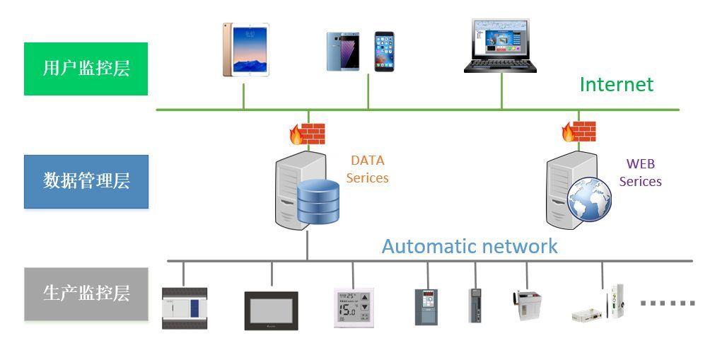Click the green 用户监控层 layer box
tap(86, 69)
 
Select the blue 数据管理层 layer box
tap(86, 181)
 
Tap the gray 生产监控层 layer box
tap(86, 294)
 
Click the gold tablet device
tap(245, 50)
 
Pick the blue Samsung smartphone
tap(343, 52)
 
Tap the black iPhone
tap(383, 51)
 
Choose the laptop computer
tap(500, 47)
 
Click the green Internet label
tap(616, 85)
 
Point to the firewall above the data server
tap(308, 134)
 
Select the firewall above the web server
tap(578, 132)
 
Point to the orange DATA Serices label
tap(367, 170)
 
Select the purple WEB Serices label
tap(640, 173)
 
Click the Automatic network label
tap(470, 246)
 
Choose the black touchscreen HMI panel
tap(271, 310)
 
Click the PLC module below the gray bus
tap(185, 308)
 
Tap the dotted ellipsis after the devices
tap(667, 303)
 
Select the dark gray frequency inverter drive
tap(426, 306)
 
